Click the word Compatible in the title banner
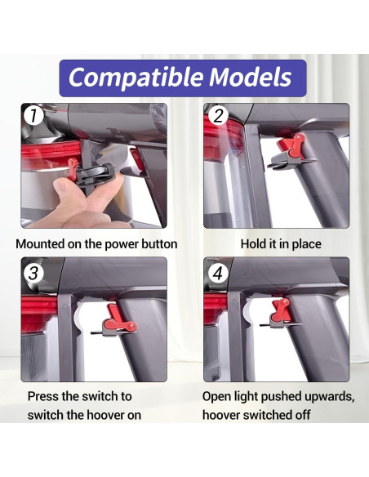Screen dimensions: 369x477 coord(136,78)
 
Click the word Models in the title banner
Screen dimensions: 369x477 coord(250,77)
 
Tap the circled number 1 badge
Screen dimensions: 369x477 coord(33,116)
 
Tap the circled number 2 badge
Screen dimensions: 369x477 coord(218,116)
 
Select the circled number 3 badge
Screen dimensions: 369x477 coord(33,273)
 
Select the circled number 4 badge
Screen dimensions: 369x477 coord(218,273)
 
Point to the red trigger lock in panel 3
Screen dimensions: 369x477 coord(119,319)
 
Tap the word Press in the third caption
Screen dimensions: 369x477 coord(43,396)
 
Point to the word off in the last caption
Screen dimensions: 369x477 coord(301,415)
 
